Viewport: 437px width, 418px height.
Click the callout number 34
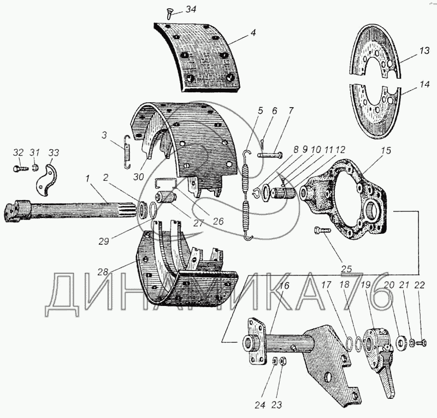click(189, 9)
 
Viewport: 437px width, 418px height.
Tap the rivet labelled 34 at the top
click(169, 15)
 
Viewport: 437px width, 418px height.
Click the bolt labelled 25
click(322, 232)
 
